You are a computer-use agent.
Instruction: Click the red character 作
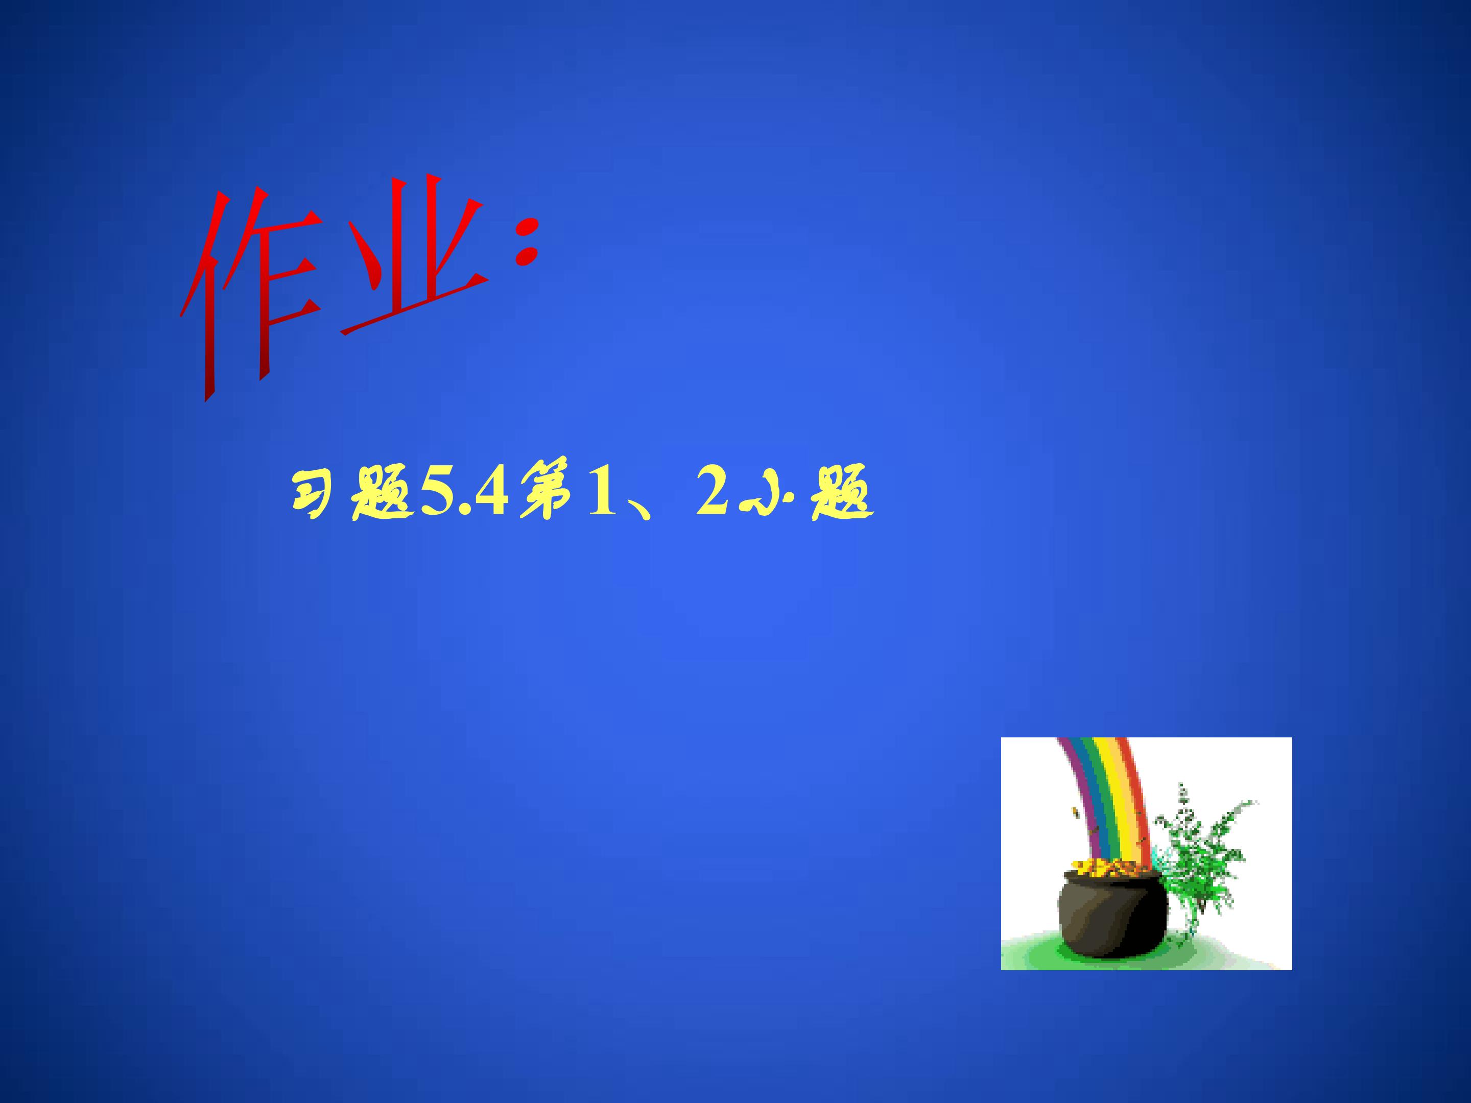pyautogui.click(x=249, y=293)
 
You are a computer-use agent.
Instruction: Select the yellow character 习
pyautogui.click(x=313, y=495)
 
